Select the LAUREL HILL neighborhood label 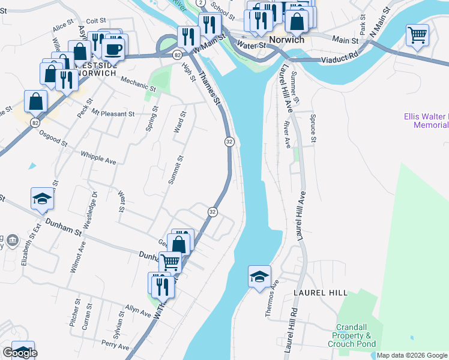click(x=321, y=292)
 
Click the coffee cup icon click(x=113, y=48)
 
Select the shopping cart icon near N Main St click(x=417, y=34)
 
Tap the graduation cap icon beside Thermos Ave click(x=259, y=277)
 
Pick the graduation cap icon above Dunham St click(x=42, y=199)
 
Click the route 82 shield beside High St click(x=176, y=55)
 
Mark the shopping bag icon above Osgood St click(x=35, y=101)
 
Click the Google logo click(x=20, y=353)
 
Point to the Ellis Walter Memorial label click(x=430, y=121)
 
